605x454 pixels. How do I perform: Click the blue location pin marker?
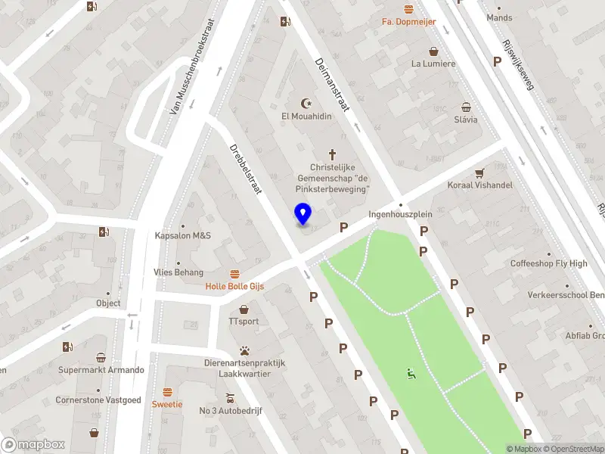(x=302, y=214)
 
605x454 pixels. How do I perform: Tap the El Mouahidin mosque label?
(x=306, y=116)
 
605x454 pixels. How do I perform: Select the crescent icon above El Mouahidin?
(x=306, y=102)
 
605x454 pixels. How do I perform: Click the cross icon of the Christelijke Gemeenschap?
(x=331, y=154)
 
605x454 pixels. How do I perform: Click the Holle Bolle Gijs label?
(x=234, y=287)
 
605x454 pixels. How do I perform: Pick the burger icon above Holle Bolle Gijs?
(x=234, y=273)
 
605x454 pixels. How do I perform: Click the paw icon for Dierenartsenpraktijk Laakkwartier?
(x=244, y=350)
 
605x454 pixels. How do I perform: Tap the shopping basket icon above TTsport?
(x=244, y=309)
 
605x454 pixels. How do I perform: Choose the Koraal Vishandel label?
(x=479, y=185)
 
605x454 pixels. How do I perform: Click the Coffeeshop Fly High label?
(x=548, y=263)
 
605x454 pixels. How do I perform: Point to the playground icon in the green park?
(x=411, y=372)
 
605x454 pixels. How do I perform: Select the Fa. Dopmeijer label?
(x=408, y=22)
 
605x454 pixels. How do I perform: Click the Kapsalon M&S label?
(x=182, y=235)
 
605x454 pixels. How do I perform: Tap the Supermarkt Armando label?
(x=101, y=370)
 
